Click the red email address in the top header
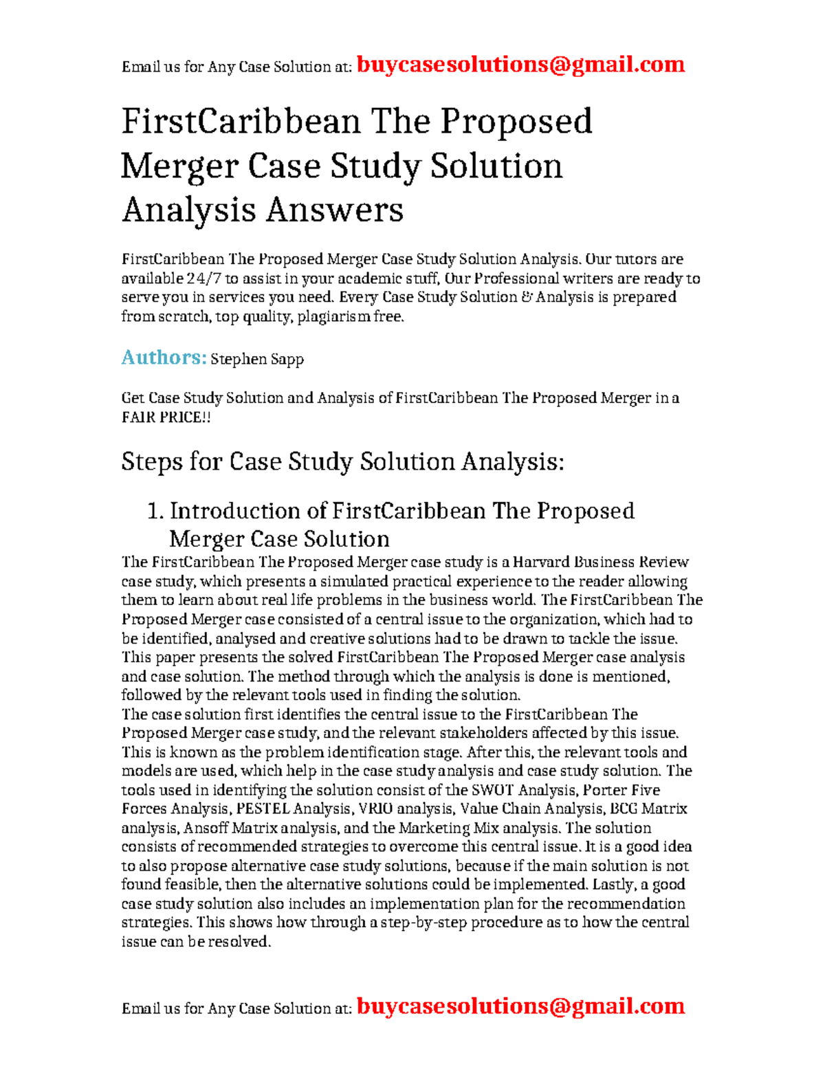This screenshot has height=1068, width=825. [520, 65]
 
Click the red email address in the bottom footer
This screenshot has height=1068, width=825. [520, 1006]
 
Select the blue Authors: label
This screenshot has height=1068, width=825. [164, 358]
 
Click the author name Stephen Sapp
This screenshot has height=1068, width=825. [256, 359]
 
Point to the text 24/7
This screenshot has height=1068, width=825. [203, 279]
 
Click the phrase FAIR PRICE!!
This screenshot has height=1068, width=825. [166, 417]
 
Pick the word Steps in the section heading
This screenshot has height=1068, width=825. [152, 461]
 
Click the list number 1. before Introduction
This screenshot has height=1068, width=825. [155, 511]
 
